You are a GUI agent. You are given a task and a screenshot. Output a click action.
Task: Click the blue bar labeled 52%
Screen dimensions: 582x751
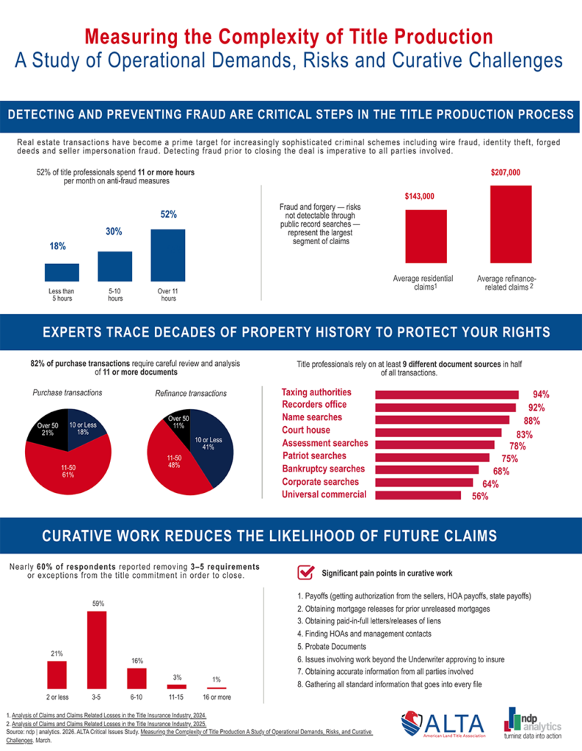point(168,255)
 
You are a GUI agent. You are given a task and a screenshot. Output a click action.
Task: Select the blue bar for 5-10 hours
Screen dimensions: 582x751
point(115,266)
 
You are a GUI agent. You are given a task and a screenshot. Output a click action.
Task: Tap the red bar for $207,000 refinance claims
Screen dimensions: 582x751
point(511,224)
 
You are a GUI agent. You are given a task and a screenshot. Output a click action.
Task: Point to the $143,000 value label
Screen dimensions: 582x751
point(420,197)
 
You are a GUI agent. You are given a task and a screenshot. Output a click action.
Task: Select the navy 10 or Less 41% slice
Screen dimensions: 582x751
point(210,445)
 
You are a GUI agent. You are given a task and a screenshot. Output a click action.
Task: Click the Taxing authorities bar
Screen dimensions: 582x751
point(447,395)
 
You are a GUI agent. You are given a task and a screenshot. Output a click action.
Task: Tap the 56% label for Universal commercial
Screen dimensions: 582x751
point(480,497)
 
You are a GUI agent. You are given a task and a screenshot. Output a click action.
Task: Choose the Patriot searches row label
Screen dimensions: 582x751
point(314,455)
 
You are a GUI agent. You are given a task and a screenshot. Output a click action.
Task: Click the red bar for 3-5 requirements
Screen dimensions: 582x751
point(97,650)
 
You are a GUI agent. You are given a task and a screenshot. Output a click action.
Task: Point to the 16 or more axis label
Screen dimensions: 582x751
point(217,697)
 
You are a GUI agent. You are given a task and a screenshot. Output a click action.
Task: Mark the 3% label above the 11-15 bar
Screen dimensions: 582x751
point(177,677)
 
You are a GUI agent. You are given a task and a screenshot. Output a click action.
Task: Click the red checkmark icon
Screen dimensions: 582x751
point(306,572)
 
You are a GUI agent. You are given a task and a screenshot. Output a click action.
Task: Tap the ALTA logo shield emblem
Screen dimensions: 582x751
point(412,723)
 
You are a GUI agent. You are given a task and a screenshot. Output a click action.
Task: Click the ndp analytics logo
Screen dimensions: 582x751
point(532,723)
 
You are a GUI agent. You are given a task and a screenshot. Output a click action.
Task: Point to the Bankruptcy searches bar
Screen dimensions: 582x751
point(426,470)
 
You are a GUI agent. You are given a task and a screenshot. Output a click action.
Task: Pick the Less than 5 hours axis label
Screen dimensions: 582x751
point(62,295)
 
